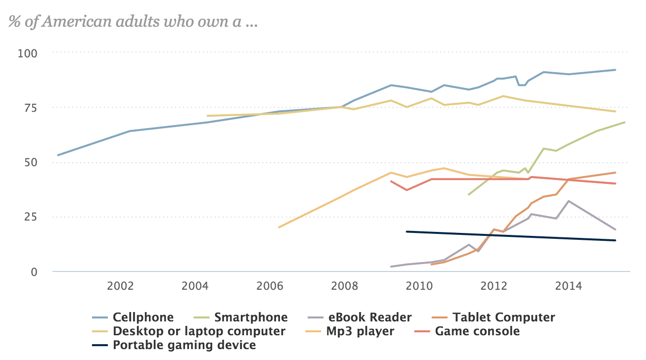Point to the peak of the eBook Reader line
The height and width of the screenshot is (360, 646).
click(x=569, y=201)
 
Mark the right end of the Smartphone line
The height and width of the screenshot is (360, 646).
click(x=625, y=122)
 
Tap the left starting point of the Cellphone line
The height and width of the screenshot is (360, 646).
click(x=58, y=155)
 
